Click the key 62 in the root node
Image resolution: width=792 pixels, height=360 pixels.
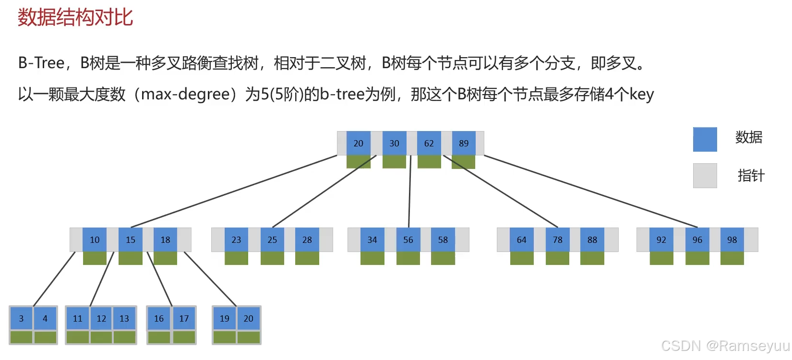pos(429,143)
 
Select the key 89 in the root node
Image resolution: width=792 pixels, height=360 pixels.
pos(464,143)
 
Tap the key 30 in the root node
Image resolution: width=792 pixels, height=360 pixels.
pos(394,143)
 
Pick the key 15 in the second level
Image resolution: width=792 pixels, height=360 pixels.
pos(131,240)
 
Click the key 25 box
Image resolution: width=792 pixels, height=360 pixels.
pos(272,240)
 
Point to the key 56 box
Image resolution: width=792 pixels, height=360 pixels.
pos(408,240)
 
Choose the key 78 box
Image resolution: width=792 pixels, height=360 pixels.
pos(557,240)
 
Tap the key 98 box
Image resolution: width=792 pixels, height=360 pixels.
pos(732,240)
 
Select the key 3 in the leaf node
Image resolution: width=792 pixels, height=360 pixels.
pos(21,318)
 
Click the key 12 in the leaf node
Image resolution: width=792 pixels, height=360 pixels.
pos(101,318)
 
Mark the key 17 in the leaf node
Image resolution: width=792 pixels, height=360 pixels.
pos(184,318)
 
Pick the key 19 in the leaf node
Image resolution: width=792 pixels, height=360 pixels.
pos(225,318)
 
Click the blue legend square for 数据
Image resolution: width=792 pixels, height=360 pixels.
pos(705,139)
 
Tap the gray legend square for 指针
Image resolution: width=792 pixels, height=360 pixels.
pos(705,175)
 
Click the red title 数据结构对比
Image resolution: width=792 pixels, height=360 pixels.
pos(75,18)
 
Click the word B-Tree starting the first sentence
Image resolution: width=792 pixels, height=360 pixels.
pos(41,63)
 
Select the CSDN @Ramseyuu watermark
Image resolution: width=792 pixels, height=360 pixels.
pos(725,346)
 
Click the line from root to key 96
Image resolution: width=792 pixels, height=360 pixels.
pos(590,191)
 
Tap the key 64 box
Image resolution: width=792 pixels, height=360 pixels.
pos(522,240)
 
